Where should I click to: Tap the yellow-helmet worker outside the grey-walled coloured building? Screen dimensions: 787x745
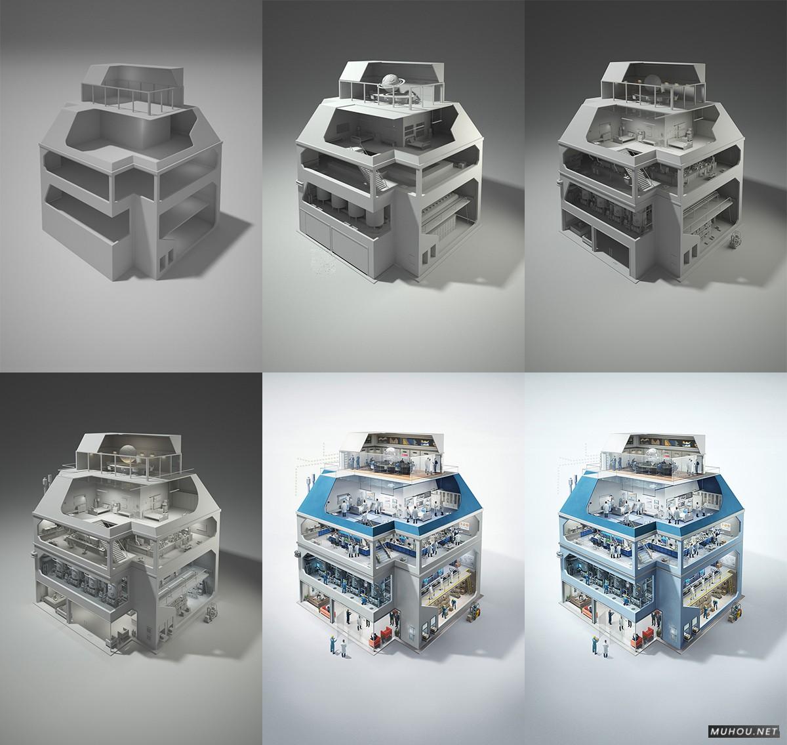click(333, 645)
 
